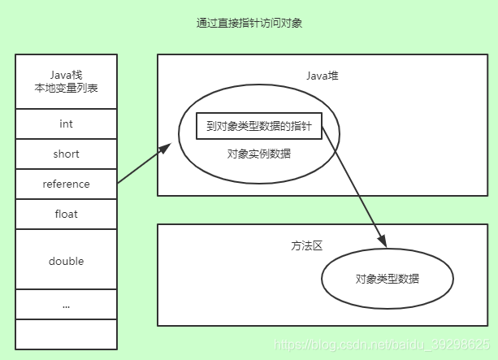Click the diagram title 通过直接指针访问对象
coord(249,24)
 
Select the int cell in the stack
coord(66,124)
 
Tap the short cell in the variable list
coord(66,154)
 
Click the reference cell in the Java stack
coord(66,184)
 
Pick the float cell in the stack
coord(66,215)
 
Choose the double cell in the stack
coord(66,261)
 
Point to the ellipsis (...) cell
coord(66,306)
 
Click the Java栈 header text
coord(66,72)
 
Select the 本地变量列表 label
coord(66,89)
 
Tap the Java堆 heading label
coord(323,76)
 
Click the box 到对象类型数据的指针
coord(259,126)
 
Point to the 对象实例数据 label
coord(259,153)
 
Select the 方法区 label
coord(306,245)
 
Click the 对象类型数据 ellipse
coord(388,279)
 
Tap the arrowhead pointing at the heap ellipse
coord(166,147)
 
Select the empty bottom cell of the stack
coord(66,334)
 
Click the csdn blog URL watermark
coord(382,345)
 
